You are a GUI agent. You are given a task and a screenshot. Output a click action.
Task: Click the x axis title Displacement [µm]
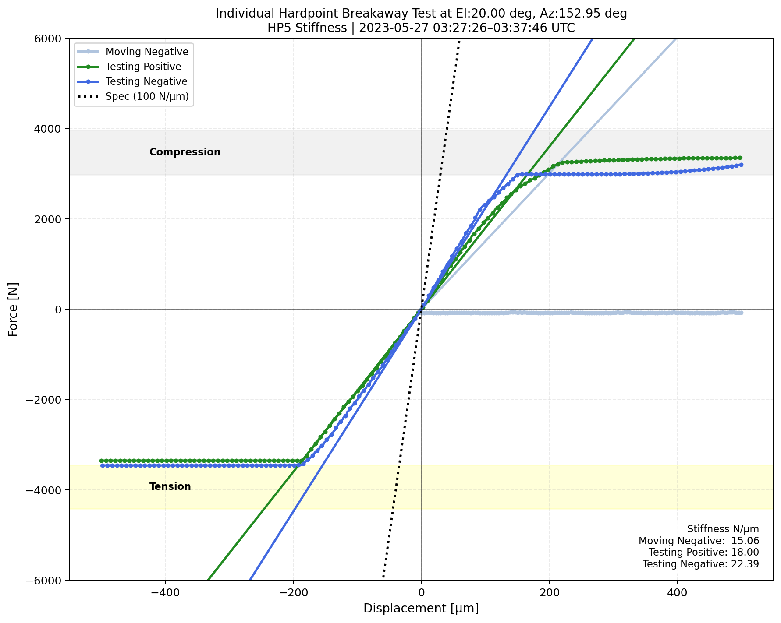(421, 609)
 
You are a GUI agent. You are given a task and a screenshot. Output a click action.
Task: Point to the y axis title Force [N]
(14, 309)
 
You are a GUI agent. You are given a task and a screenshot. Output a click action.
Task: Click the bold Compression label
(185, 152)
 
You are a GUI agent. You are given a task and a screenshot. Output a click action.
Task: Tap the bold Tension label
(170, 486)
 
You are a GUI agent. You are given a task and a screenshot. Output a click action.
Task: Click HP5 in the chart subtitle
(277, 28)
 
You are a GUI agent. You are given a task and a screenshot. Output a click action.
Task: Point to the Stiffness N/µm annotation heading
(723, 529)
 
